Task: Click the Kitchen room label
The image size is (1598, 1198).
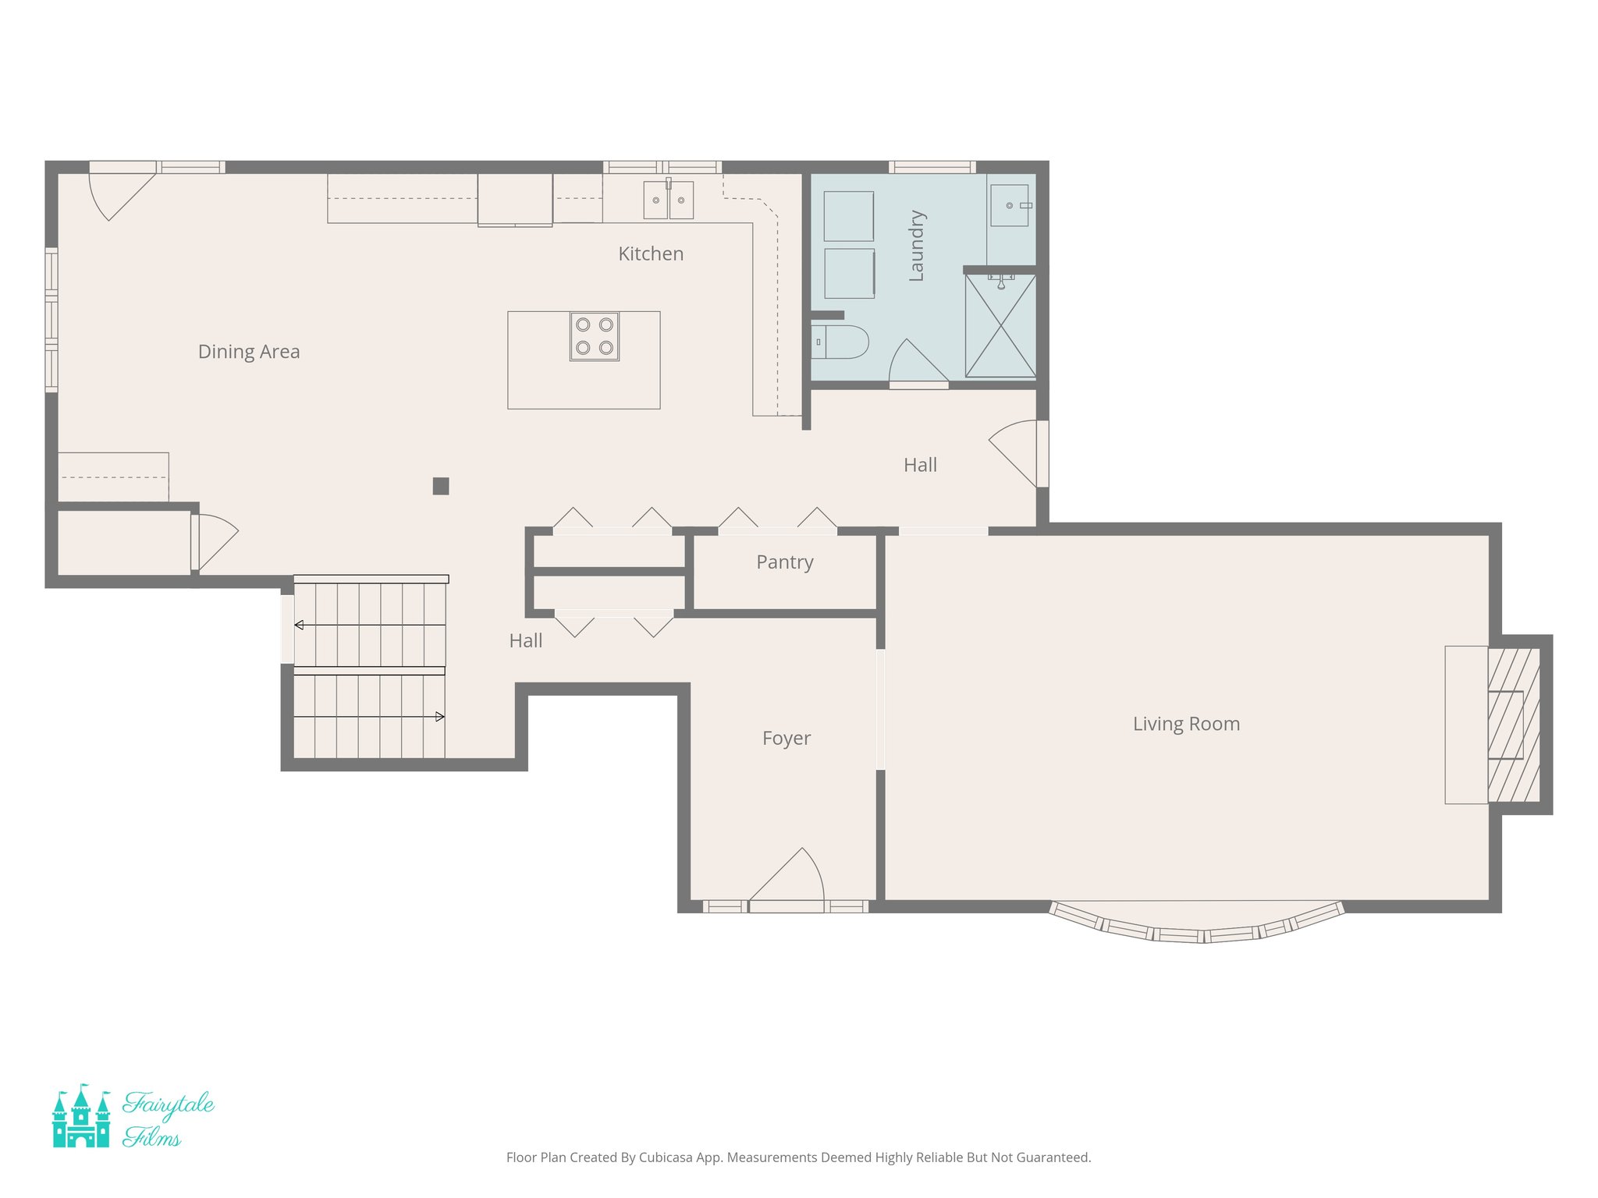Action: pos(651,253)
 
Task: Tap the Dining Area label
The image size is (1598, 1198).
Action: pos(249,352)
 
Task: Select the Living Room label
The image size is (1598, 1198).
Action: pos(1186,724)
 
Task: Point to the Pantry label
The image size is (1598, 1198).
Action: pos(784,562)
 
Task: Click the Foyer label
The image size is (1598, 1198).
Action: pos(786,738)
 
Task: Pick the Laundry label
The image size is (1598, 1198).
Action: pos(917,246)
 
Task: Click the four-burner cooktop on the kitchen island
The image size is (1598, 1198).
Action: pos(594,336)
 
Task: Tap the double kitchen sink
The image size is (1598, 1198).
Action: pos(668,200)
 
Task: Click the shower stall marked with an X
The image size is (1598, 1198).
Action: pos(1000,325)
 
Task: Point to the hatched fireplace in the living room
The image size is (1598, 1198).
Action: pos(1514,725)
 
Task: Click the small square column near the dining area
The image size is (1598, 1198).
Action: pos(441,486)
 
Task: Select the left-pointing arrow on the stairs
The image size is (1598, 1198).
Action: pos(300,625)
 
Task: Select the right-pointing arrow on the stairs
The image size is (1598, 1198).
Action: pos(439,716)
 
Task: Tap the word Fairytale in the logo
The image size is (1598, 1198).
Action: pos(169,1104)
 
